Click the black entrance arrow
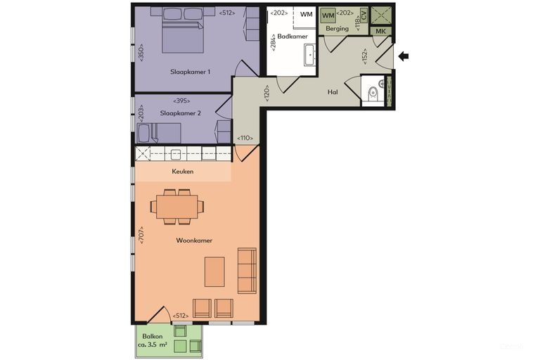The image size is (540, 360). (404, 56)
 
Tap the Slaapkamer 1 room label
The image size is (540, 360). (190, 72)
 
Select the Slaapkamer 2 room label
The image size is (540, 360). (180, 113)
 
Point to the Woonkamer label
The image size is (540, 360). (194, 240)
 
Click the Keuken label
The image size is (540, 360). (183, 172)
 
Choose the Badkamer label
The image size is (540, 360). (292, 36)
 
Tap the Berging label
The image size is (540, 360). (337, 29)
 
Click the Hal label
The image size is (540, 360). (333, 92)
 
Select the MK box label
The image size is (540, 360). (380, 32)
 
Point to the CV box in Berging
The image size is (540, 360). (364, 15)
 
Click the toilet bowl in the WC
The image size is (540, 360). (373, 94)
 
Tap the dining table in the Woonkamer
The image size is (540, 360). (177, 207)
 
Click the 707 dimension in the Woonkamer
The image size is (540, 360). (141, 236)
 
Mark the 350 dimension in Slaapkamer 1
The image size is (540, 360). (141, 52)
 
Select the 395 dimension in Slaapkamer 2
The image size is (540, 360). (181, 101)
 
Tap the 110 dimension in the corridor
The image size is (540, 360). (245, 138)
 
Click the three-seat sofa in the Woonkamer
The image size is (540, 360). (247, 271)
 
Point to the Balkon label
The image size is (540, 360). (153, 336)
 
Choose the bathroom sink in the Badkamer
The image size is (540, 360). (310, 55)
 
